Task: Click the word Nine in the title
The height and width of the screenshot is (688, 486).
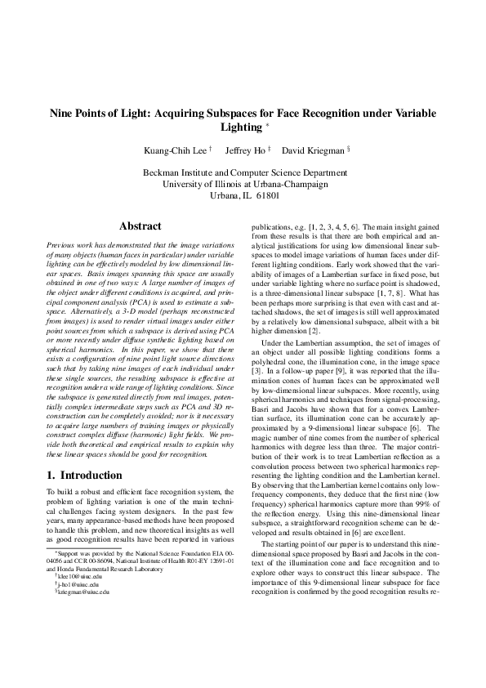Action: click(x=66, y=114)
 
